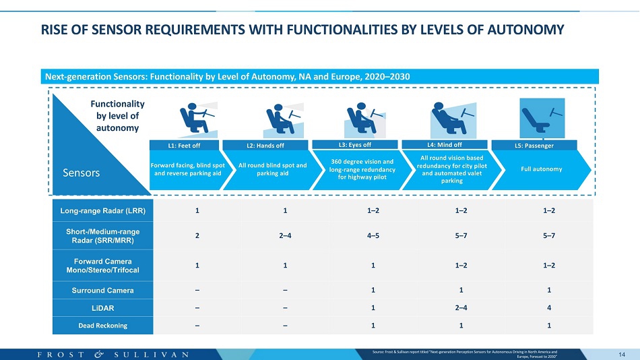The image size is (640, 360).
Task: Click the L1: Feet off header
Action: click(x=184, y=146)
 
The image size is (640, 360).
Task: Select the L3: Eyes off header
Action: click(x=354, y=145)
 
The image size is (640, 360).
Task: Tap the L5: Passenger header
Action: click(x=534, y=146)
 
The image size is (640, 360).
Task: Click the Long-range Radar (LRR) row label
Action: click(x=103, y=211)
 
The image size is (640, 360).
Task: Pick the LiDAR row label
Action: click(x=103, y=308)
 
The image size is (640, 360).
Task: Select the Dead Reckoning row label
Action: click(x=103, y=326)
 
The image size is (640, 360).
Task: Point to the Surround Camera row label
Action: click(x=103, y=291)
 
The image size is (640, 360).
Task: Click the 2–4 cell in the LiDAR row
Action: click(x=461, y=307)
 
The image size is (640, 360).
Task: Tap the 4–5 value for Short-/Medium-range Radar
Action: click(x=373, y=235)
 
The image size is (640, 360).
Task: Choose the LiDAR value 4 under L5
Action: click(x=549, y=307)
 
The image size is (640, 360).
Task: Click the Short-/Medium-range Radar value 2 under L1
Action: click(x=197, y=235)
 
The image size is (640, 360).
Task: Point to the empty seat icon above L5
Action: click(x=542, y=118)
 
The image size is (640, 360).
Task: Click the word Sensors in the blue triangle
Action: click(x=82, y=173)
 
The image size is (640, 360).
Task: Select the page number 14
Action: click(x=622, y=355)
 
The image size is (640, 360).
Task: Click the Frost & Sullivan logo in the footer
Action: click(x=113, y=355)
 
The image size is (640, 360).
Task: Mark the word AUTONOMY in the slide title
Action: click(x=525, y=30)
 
